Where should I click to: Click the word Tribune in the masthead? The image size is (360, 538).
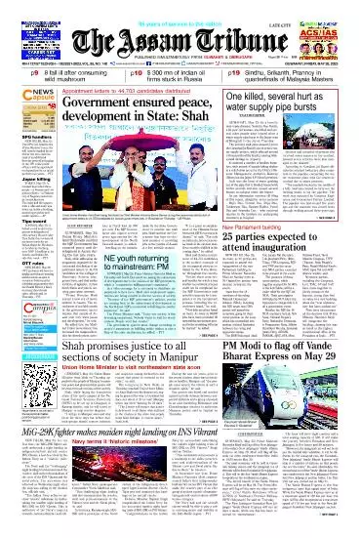pos(226,28)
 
